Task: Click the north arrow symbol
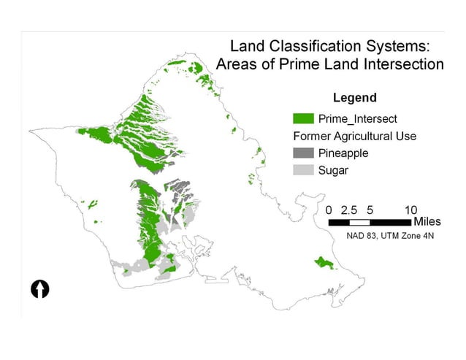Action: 39,288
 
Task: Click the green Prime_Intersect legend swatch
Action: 304,118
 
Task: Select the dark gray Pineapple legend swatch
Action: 304,153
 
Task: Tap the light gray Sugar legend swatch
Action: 304,171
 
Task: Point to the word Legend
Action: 354,98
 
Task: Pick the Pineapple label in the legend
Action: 343,153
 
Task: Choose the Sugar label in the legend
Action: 333,171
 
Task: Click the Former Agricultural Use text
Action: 354,136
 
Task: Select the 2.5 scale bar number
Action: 349,209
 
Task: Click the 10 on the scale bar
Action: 410,209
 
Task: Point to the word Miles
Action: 427,221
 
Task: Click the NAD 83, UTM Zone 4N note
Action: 386,235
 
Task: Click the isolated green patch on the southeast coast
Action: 322,261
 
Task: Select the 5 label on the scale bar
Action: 370,209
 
